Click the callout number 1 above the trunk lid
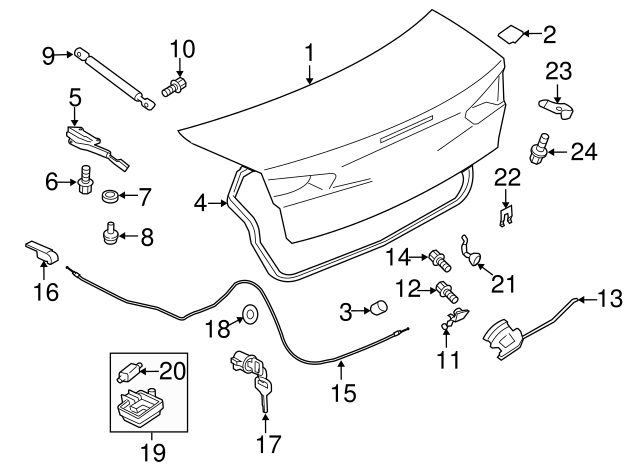pyautogui.click(x=310, y=50)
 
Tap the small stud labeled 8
pyautogui.click(x=107, y=237)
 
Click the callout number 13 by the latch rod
pyautogui.click(x=608, y=296)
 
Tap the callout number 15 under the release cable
pyautogui.click(x=342, y=393)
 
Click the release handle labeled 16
pyautogui.click(x=40, y=254)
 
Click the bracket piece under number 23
pyautogui.click(x=555, y=103)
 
